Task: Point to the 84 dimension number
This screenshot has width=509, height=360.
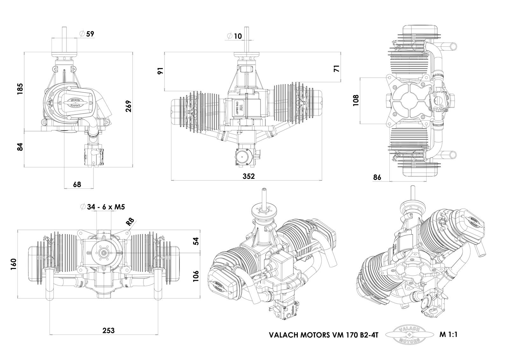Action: tap(20, 147)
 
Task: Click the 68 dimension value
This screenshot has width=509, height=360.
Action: tap(77, 184)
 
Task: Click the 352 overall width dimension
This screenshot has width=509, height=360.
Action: tap(248, 176)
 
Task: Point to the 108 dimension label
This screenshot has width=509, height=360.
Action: tap(356, 100)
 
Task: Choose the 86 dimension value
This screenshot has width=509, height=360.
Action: tap(377, 178)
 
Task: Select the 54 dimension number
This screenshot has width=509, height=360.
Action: tap(196, 241)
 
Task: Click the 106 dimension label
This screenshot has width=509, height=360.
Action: tap(196, 276)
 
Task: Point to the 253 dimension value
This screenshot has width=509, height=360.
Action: tap(108, 330)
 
